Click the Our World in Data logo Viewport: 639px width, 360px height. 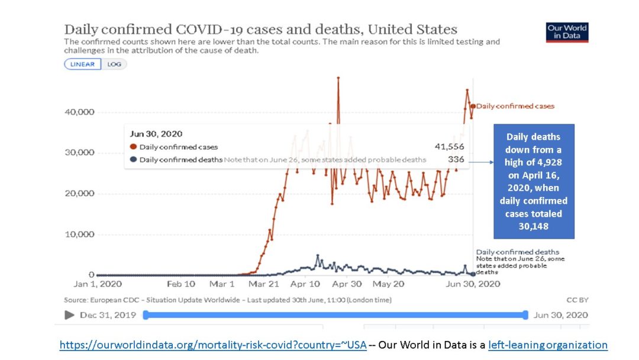[x=567, y=32]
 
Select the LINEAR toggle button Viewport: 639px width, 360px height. [x=83, y=65]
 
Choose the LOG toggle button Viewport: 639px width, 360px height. [x=114, y=65]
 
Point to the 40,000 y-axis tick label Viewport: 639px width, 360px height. [x=79, y=112]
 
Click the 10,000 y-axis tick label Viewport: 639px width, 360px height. [x=79, y=234]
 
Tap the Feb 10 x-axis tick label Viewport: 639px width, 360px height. [x=180, y=284]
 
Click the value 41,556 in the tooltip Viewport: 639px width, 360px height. [x=449, y=147]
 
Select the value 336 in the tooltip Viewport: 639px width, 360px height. [x=456, y=159]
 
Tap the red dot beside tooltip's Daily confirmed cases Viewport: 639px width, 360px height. [x=134, y=147]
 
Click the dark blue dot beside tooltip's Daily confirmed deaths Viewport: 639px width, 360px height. [x=134, y=159]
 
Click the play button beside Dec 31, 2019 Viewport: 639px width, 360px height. [x=69, y=315]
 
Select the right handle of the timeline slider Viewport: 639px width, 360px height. [x=525, y=315]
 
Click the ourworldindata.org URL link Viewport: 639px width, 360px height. [x=213, y=345]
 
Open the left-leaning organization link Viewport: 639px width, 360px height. [x=548, y=345]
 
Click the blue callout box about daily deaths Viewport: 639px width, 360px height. [x=533, y=181]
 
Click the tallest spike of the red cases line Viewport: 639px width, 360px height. [x=338, y=78]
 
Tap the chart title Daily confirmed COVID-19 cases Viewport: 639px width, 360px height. [x=260, y=29]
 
